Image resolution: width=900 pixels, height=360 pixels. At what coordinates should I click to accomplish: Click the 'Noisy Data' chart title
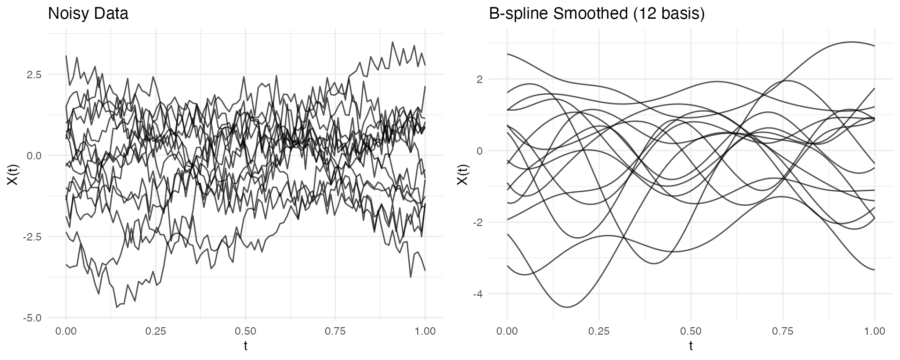[x=88, y=14]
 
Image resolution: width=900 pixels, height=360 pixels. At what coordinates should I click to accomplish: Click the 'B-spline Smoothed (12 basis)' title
[x=597, y=14]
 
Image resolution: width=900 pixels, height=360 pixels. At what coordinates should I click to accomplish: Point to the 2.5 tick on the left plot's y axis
[x=32, y=75]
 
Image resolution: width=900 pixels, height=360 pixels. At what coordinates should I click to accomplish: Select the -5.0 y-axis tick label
[x=31, y=318]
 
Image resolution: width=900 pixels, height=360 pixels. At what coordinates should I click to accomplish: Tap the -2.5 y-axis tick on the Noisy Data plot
[x=31, y=237]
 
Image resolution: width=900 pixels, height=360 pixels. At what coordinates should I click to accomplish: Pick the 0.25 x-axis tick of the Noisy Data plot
[x=156, y=331]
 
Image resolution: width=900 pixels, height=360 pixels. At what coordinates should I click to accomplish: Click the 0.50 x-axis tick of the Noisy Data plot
[x=246, y=331]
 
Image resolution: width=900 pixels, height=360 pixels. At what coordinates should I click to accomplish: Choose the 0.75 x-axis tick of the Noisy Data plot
[x=335, y=331]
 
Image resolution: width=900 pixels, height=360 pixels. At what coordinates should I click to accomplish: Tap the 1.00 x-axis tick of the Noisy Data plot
[x=425, y=331]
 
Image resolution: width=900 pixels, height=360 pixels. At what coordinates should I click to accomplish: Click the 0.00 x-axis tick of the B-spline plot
[x=507, y=331]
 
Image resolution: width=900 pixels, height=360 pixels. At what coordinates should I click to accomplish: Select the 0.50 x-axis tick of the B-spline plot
[x=691, y=331]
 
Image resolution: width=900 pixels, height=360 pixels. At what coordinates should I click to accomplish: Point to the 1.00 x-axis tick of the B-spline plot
[x=875, y=331]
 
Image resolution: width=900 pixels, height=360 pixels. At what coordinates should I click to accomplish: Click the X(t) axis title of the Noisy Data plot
[x=13, y=173]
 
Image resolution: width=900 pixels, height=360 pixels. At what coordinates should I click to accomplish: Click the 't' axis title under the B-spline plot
[x=691, y=346]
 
